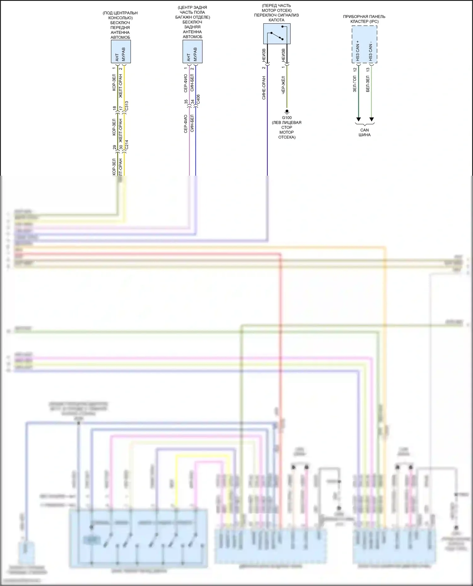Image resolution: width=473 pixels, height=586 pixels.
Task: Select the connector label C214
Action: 126,145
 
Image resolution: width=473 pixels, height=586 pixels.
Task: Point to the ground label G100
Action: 287,118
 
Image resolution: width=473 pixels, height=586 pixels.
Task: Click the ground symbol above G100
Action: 287,111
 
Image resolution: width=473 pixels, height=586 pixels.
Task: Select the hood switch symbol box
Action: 277,34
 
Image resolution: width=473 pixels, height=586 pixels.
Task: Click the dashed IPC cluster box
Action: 364,44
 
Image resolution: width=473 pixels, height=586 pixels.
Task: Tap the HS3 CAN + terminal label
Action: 358,51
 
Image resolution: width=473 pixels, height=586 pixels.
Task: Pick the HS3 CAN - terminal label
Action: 371,51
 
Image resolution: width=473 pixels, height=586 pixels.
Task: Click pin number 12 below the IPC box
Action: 355,70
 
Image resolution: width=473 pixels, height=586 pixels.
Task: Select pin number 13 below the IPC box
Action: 368,70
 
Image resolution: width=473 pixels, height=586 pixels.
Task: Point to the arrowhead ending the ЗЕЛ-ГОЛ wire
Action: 358,119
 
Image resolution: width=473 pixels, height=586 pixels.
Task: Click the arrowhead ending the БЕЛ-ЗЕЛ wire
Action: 371,119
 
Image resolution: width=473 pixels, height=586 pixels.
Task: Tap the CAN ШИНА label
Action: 364,132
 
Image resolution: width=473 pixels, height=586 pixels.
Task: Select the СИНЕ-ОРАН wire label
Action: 264,88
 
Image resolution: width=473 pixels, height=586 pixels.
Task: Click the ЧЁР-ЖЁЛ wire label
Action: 283,85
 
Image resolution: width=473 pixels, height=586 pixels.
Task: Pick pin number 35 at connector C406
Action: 186,102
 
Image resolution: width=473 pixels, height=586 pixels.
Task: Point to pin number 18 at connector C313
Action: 114,108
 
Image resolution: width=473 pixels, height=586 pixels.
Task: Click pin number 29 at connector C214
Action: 114,147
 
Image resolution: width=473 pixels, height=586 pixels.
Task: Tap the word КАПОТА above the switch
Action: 276,20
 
